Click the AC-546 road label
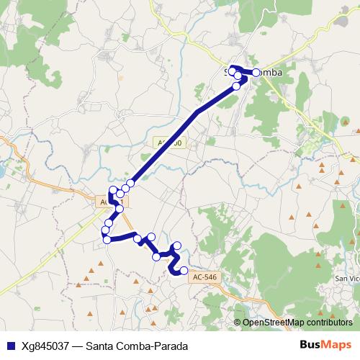[204, 276]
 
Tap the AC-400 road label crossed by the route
[171, 143]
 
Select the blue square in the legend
[9, 346]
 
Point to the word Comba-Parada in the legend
[153, 346]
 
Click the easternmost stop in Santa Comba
[256, 72]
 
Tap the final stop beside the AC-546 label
[184, 271]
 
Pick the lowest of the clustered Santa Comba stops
[237, 86]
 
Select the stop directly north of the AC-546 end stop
[178, 246]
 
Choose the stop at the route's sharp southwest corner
[107, 240]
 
